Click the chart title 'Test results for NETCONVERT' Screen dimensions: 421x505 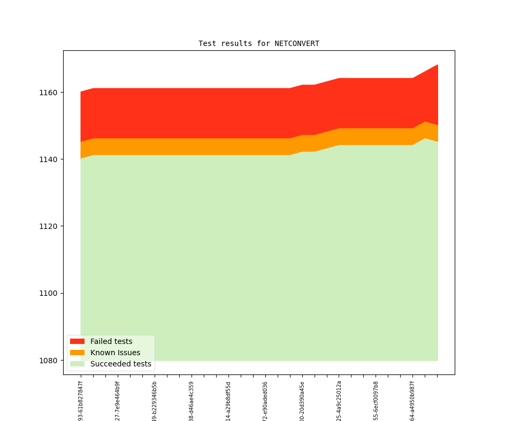pos(259,43)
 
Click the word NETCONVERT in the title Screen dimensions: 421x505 pos(297,43)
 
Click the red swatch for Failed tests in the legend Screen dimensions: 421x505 pos(77,341)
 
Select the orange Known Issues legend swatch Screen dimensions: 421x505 pos(77,353)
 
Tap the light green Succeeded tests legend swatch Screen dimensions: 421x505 pos(77,364)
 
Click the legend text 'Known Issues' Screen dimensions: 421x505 pos(115,353)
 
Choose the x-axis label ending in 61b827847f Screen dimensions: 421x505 pos(81,401)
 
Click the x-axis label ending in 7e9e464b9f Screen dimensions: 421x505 pos(118,401)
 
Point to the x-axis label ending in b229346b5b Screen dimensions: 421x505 pos(155,401)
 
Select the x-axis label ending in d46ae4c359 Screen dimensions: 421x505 pos(192,401)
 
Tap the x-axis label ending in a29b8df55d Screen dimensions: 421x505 pos(228,401)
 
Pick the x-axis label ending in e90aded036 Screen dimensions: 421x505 pos(265,401)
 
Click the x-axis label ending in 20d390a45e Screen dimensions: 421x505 pos(302,401)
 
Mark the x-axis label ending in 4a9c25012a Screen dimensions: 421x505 pos(339,401)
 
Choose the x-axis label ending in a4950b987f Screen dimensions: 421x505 pos(412,401)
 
